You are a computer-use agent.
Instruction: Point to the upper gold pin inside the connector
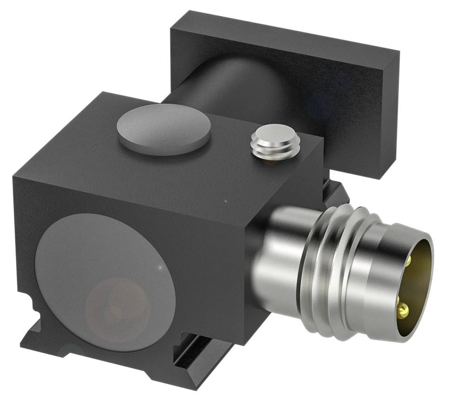point(409,260)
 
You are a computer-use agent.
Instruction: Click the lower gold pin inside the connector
point(404,311)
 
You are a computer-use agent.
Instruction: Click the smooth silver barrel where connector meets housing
point(277,256)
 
